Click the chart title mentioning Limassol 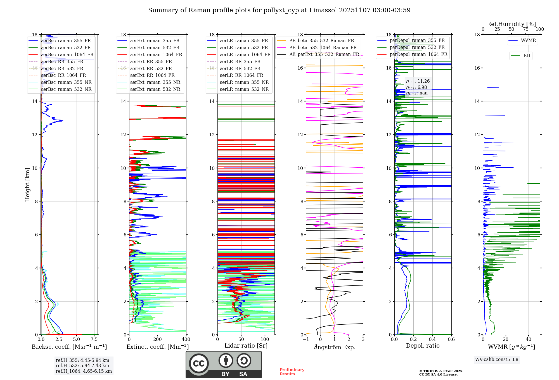(279, 10)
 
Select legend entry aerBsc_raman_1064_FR (67, 54)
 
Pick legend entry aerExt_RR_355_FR (151, 61)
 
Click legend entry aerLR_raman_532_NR (244, 89)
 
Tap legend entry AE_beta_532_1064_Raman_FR (323, 47)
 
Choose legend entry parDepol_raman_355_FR (417, 40)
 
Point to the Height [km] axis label (27, 185)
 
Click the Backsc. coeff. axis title (69, 347)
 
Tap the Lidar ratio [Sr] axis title (246, 346)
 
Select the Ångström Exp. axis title (334, 347)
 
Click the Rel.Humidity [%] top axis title (511, 24)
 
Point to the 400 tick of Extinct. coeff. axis (186, 339)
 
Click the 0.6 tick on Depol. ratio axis (451, 339)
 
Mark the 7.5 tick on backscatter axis (94, 339)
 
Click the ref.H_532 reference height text (82, 365)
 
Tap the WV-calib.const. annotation (496, 360)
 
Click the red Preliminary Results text (292, 372)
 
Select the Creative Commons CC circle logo (199, 364)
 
